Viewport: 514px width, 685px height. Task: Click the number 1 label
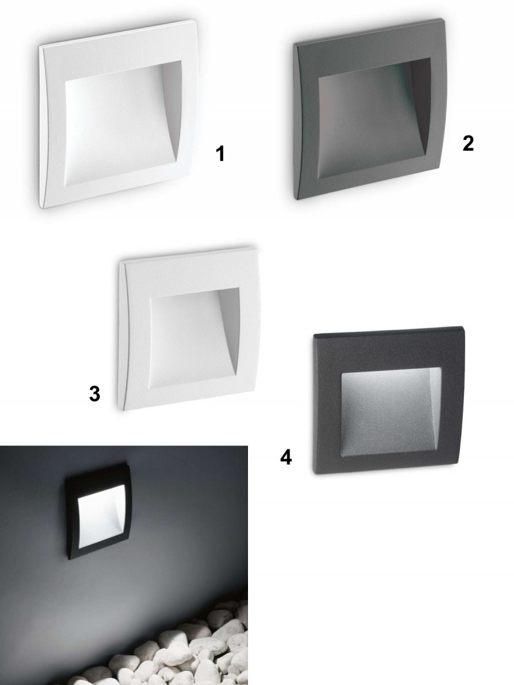(220, 154)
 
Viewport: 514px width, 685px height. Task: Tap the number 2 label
(468, 143)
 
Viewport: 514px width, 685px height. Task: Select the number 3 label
(94, 394)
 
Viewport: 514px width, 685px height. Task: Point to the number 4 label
(286, 457)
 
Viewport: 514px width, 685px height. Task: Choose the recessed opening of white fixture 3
(194, 338)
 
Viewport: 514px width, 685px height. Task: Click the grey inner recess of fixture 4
(391, 413)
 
